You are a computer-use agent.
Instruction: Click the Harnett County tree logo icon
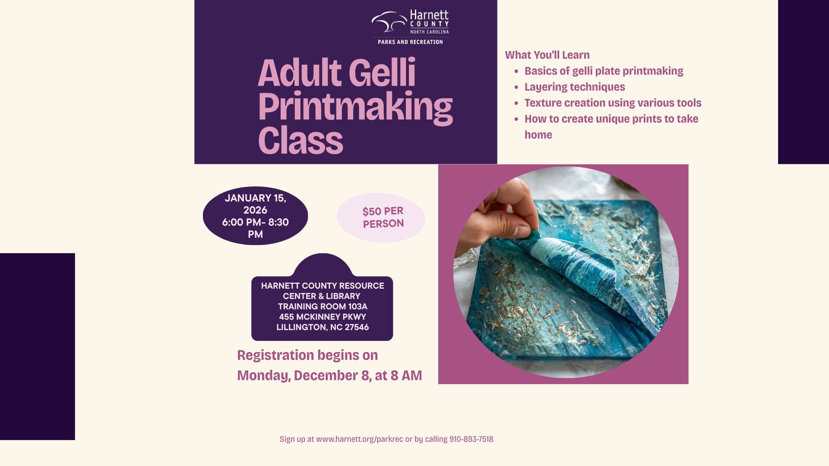coord(389,22)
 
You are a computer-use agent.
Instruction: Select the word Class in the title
coord(301,141)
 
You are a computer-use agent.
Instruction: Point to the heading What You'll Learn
coord(547,55)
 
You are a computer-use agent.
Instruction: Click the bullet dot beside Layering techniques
coord(516,87)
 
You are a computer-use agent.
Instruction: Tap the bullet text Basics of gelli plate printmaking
coord(604,71)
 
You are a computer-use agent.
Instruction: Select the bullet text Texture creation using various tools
coord(613,103)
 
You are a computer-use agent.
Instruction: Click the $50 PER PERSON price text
coord(383,217)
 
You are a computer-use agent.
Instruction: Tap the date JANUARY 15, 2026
coord(255,204)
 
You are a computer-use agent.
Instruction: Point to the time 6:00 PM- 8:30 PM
coord(255,228)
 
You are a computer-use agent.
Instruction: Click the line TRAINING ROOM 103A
coord(323,306)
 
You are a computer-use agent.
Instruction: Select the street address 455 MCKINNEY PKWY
coord(323,317)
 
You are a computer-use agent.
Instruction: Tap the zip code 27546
coord(357,327)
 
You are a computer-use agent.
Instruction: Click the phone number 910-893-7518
coord(471,439)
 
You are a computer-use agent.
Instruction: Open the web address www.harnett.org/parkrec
coord(359,439)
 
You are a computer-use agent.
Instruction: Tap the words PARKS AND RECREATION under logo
coord(410,42)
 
